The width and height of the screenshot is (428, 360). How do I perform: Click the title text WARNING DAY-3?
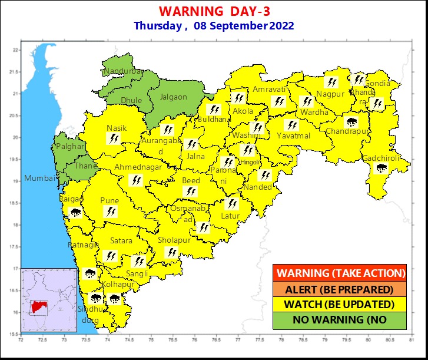(x=214, y=12)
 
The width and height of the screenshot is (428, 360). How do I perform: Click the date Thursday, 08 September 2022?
(x=214, y=26)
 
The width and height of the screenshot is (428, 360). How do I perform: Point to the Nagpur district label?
(x=330, y=94)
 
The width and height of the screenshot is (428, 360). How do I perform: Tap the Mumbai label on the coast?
(x=39, y=179)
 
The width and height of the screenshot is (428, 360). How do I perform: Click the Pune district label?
(x=110, y=201)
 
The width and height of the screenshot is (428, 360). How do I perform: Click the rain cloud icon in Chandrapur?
(x=352, y=123)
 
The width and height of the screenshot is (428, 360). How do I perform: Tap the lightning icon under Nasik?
(x=115, y=138)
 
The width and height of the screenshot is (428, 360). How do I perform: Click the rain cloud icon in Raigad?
(x=75, y=212)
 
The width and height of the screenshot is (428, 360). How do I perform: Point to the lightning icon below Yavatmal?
(x=291, y=125)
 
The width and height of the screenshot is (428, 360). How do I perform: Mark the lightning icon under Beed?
(x=190, y=191)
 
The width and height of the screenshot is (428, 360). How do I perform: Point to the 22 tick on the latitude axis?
(x=16, y=50)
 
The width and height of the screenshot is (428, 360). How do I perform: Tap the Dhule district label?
(x=131, y=101)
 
